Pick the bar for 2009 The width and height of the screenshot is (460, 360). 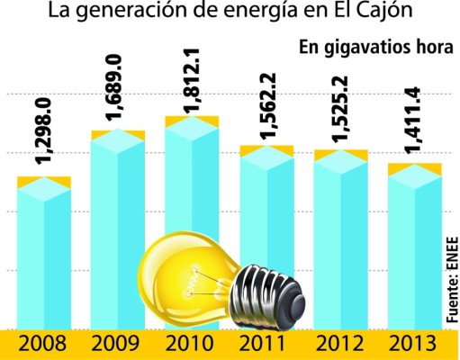[x=119, y=225]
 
